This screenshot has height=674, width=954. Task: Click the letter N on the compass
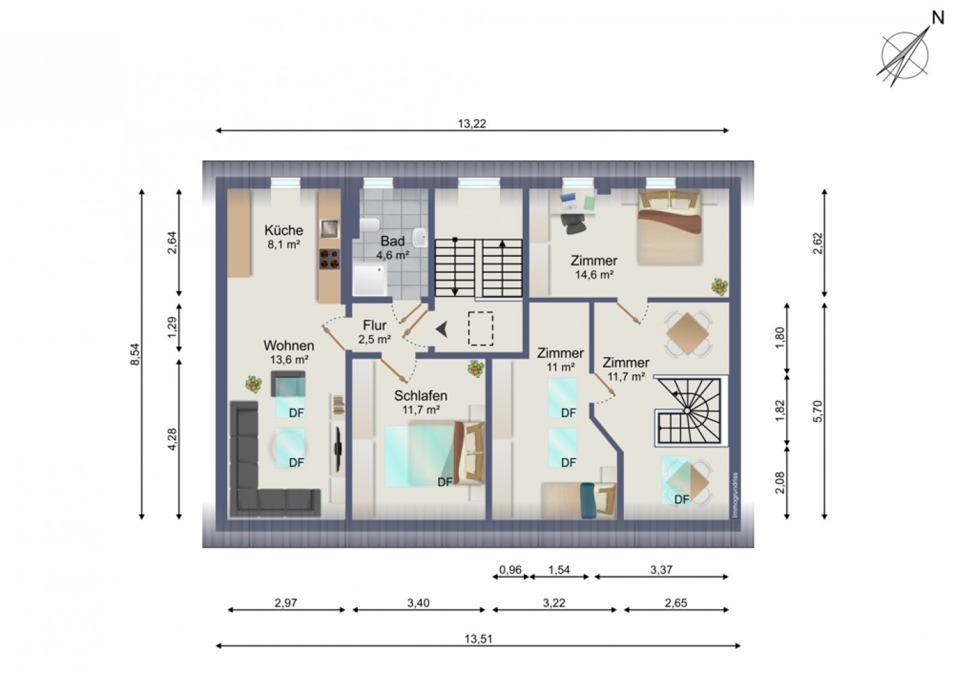tap(939, 18)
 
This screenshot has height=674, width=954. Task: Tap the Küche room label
tap(284, 230)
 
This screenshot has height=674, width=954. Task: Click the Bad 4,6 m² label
tap(392, 248)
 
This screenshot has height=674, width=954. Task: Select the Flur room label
tap(375, 325)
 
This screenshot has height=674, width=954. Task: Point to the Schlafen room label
tap(421, 396)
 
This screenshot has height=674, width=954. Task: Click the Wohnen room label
tap(289, 345)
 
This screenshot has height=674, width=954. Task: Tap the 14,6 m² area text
tap(594, 275)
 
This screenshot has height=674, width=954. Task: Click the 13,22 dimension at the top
tap(472, 123)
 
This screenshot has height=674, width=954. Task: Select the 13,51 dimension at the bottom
tap(478, 639)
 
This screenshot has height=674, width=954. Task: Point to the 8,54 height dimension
tap(135, 355)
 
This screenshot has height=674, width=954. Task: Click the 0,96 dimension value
tap(510, 570)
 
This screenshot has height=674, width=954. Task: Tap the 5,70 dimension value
tap(818, 412)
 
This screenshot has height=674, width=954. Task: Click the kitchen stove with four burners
tap(329, 259)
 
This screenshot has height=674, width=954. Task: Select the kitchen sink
tap(329, 228)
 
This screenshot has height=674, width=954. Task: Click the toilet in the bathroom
tap(369, 224)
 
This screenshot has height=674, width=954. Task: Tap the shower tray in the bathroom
tap(370, 279)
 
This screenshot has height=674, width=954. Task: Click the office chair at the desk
tap(573, 223)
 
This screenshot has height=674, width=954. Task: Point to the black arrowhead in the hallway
tap(442, 330)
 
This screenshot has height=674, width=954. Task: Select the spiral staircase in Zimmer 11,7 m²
tap(690, 410)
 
